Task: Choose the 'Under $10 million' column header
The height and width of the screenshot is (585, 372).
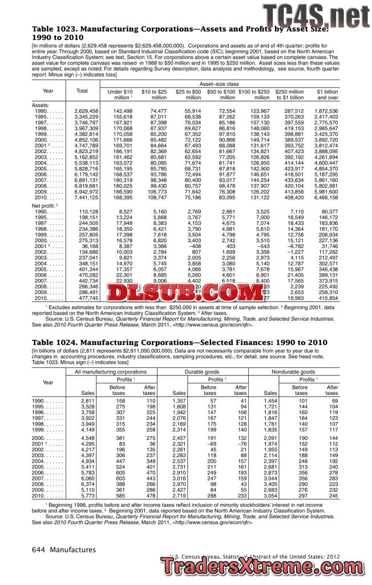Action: tap(120, 94)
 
